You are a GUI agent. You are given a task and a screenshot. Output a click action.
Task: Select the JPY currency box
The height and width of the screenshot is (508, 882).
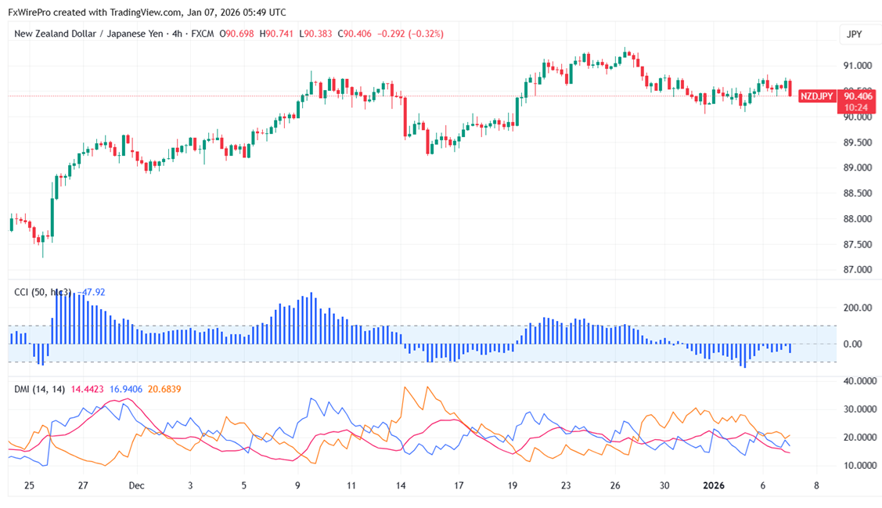pos(854,34)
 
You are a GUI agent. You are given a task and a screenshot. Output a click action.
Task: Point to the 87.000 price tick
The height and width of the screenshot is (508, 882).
pos(857,270)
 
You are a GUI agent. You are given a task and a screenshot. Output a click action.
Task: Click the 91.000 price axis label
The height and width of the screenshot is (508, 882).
pos(857,66)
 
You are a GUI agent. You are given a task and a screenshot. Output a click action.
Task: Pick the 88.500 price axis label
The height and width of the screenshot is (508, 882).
pos(857,193)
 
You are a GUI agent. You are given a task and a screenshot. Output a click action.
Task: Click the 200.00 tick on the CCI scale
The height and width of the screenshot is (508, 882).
pos(857,308)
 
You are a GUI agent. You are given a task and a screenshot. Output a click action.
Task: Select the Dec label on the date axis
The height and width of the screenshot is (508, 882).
pos(137,486)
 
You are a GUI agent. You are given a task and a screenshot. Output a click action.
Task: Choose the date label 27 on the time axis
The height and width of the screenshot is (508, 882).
pos(83,486)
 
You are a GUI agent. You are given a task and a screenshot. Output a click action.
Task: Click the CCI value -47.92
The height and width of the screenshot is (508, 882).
pos(92,292)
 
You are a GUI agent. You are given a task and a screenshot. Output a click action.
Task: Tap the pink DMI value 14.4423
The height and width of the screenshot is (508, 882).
pos(88,388)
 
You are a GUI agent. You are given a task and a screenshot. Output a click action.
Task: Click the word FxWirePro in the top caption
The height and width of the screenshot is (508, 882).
pos(31,13)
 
